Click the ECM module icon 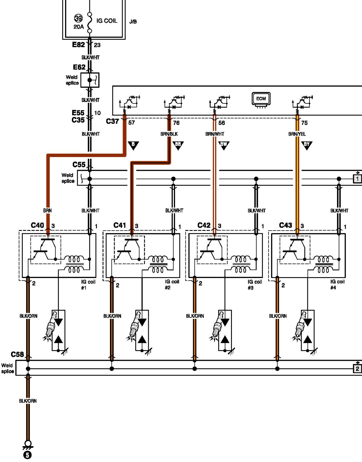pos(261,99)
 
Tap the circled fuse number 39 pos(78,19)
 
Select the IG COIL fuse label pos(107,21)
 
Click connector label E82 pos(78,45)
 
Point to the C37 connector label pos(113,121)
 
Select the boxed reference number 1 pos(357,179)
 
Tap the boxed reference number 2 pos(357,369)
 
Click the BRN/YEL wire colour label pos(297,134)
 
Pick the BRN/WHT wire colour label pos(215,134)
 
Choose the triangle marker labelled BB pos(178,145)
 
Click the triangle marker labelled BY pos(307,145)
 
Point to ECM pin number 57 pos(132,123)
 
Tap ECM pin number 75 pos(304,123)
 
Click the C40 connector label pos(37,225)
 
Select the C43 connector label pos(285,225)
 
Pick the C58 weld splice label pos(17,355)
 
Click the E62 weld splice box pos(90,80)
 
